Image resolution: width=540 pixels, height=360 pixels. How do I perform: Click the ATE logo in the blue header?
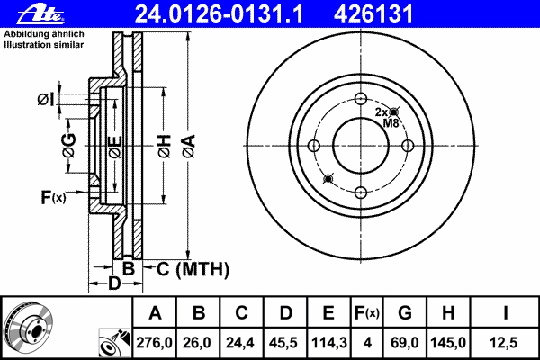[x=40, y=14]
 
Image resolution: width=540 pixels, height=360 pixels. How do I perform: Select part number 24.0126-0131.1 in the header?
[x=219, y=14]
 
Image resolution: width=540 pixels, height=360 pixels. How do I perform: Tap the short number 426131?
[x=373, y=14]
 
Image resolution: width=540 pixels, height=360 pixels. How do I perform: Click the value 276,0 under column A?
[x=154, y=342]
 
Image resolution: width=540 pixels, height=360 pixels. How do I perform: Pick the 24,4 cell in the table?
[x=240, y=342]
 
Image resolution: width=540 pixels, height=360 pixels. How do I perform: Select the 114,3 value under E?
[x=328, y=342]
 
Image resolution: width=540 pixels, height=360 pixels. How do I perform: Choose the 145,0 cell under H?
[x=448, y=342]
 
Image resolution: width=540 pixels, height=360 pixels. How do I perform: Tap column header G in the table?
[x=405, y=313]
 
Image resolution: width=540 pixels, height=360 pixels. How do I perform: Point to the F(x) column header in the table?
[x=367, y=313]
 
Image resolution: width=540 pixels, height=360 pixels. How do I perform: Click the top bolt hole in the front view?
[x=361, y=98]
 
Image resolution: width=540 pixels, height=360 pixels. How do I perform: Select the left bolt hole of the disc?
[x=314, y=146]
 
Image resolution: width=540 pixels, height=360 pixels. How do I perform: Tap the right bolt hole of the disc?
[x=408, y=146]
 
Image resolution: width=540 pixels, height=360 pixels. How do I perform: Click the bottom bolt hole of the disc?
[x=361, y=193]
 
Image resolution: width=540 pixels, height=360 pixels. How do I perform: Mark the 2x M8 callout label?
[x=387, y=118]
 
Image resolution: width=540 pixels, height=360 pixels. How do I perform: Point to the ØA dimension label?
[x=189, y=146]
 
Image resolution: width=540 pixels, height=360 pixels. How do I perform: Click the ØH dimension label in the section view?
[x=165, y=146]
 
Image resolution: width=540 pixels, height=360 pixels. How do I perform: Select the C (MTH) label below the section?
[x=193, y=269]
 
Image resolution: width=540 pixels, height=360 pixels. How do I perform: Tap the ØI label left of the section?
[x=46, y=100]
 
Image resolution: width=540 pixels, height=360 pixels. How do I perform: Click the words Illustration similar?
[x=44, y=45]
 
